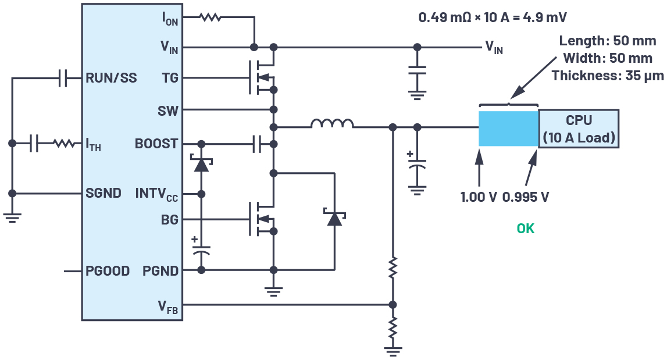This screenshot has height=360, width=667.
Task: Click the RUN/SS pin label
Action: point(111,78)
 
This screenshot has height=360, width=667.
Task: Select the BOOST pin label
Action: point(156,144)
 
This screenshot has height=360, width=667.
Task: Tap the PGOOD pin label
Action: point(108,271)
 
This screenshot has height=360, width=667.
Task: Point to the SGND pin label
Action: point(104,193)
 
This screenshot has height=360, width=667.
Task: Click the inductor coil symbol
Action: point(331,124)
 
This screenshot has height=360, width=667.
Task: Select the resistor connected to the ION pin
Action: point(210,17)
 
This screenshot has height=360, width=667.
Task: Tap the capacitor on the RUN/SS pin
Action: point(62,78)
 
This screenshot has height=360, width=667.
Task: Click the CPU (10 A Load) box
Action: point(579,129)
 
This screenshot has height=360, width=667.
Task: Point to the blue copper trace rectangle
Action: point(508,129)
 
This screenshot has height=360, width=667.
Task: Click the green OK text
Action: point(525,229)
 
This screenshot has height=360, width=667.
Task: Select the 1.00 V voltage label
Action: point(479,197)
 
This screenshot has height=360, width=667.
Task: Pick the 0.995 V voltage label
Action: point(525,197)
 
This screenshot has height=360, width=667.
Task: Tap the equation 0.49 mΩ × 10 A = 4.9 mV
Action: point(493,17)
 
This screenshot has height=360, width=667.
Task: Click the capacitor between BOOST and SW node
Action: point(257,144)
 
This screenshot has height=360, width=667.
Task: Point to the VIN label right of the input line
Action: point(494,48)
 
